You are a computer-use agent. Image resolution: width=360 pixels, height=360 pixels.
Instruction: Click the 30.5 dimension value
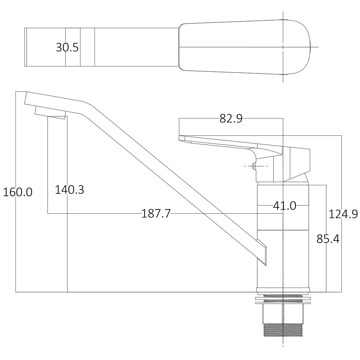tap(67, 47)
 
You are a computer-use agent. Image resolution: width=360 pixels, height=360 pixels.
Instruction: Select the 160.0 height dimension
tap(18, 192)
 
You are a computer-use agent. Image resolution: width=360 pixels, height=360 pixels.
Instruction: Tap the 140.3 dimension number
tap(69, 189)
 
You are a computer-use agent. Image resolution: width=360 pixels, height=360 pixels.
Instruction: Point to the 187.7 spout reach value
tap(156, 213)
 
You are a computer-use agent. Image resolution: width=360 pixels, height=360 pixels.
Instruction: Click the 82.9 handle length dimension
tap(231, 118)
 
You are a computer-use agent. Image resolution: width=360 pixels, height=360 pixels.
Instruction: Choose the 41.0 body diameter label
tap(284, 206)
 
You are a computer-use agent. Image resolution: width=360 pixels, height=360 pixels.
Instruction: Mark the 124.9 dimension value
tap(343, 214)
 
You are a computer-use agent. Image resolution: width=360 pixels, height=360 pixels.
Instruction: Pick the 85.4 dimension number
tap(328, 239)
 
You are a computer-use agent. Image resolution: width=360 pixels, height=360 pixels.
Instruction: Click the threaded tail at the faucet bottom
tap(283, 330)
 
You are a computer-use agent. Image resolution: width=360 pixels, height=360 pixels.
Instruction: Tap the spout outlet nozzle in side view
tap(50, 113)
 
